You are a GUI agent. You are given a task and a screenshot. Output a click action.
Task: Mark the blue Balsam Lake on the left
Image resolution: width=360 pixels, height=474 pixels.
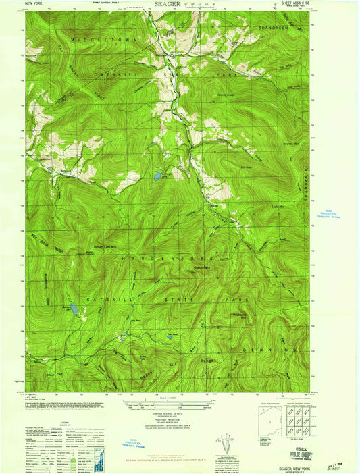point(76,311)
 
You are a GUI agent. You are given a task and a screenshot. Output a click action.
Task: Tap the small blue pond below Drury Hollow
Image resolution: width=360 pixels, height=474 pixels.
point(157,176)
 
